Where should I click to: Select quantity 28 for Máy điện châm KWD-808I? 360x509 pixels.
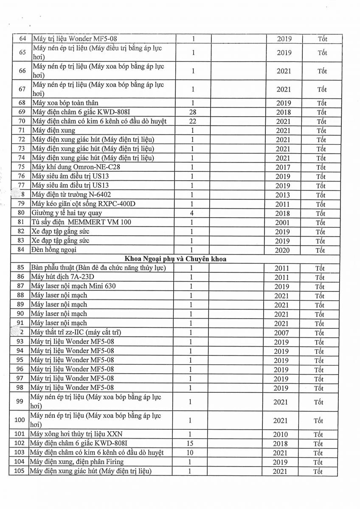coord(193,112)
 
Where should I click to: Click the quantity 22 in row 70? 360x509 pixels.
coord(193,121)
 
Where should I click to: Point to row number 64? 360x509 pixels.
coord(22,39)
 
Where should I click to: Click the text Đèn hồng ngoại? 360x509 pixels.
coord(54,250)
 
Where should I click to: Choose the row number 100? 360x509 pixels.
coord(20,420)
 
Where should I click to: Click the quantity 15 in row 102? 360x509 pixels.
coord(190,444)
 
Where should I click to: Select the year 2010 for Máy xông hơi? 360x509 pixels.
coord(280,434)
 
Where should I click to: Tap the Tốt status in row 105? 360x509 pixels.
coord(318,472)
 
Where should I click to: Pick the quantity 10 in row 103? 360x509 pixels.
coord(190,453)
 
